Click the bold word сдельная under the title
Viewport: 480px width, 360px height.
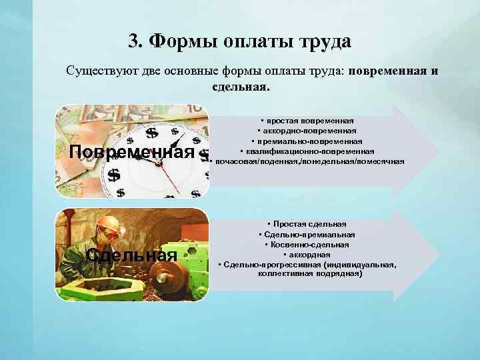tap(240, 86)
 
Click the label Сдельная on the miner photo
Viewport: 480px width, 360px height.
tap(132, 256)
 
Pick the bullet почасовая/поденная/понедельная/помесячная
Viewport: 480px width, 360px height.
tap(308, 161)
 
